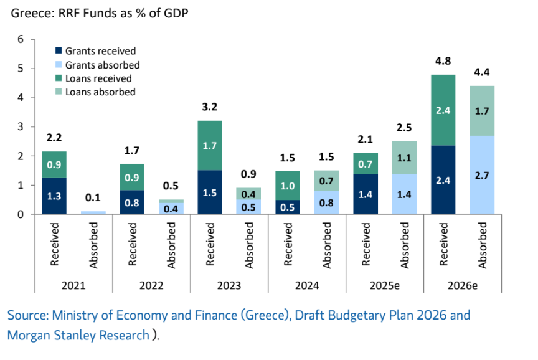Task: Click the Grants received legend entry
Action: point(100,51)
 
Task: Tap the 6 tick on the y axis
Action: point(20,39)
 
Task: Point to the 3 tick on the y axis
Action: point(20,127)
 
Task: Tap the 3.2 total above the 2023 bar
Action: point(210,108)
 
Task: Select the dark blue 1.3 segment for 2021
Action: point(54,196)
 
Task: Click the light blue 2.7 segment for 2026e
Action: point(481,176)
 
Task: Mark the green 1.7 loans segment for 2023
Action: point(210,146)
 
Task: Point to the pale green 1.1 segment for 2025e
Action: point(404,158)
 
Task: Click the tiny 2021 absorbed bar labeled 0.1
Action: point(93,212)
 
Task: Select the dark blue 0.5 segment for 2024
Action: point(287,207)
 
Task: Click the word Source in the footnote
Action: point(26,315)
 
